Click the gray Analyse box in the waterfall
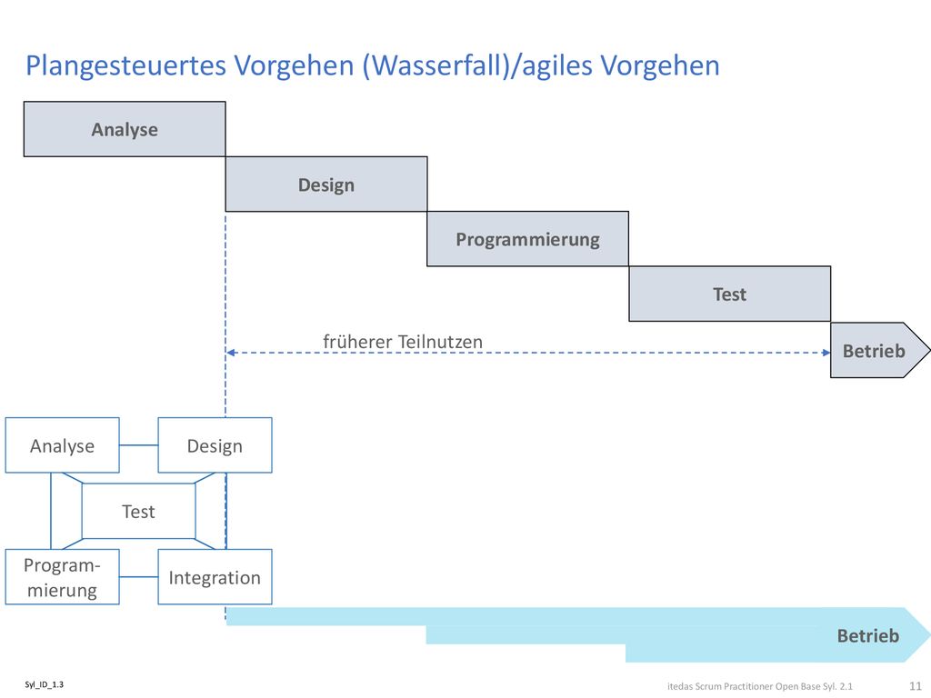pyautogui.click(x=125, y=129)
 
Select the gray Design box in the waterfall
pyautogui.click(x=326, y=184)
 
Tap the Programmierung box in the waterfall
pyautogui.click(x=528, y=239)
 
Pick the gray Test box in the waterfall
pyautogui.click(x=730, y=294)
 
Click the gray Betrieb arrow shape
pyautogui.click(x=879, y=350)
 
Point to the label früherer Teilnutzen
pyautogui.click(x=403, y=342)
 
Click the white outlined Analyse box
pyautogui.click(x=63, y=445)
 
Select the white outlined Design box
pyautogui.click(x=215, y=445)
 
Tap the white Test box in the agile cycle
pyautogui.click(x=138, y=511)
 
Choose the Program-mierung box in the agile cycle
pyautogui.click(x=63, y=577)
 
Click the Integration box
pyautogui.click(x=215, y=577)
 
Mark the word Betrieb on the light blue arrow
pyautogui.click(x=867, y=635)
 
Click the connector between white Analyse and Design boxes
pyautogui.click(x=138, y=445)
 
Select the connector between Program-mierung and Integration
pyautogui.click(x=138, y=576)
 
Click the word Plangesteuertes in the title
pyautogui.click(x=125, y=65)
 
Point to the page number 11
pyautogui.click(x=915, y=686)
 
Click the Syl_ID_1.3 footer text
pyautogui.click(x=44, y=684)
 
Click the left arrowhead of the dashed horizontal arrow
pyautogui.click(x=231, y=353)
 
